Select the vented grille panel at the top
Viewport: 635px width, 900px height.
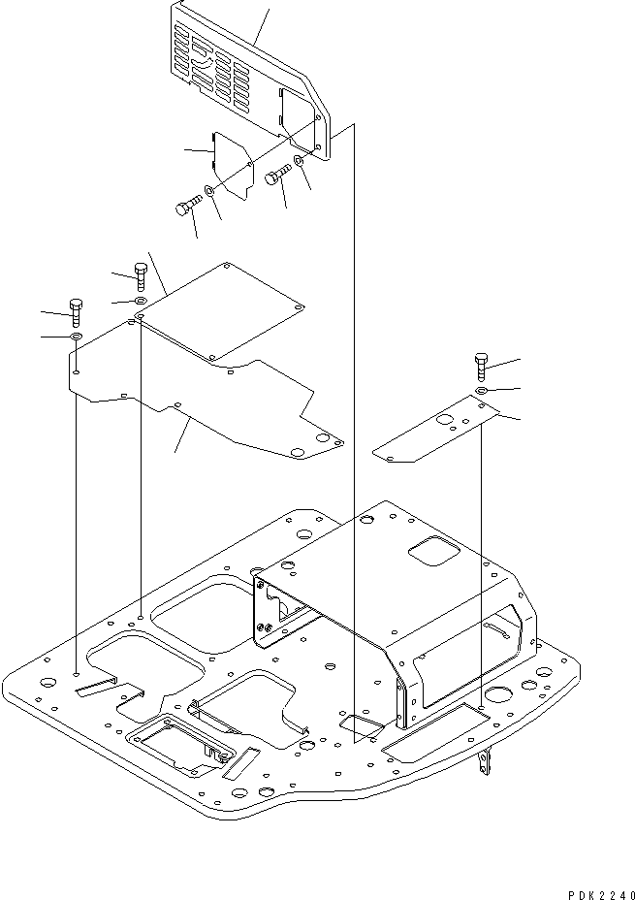238,73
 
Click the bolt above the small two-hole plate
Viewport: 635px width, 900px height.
483,367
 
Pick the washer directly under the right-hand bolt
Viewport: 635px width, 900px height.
482,390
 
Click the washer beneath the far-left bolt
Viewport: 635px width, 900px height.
77,337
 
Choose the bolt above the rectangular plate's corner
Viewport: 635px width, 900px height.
141,275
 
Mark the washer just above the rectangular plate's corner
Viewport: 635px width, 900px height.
141,302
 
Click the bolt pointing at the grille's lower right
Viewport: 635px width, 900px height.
276,177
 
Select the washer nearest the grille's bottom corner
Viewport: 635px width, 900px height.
300,158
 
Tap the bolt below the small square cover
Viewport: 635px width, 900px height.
186,207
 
